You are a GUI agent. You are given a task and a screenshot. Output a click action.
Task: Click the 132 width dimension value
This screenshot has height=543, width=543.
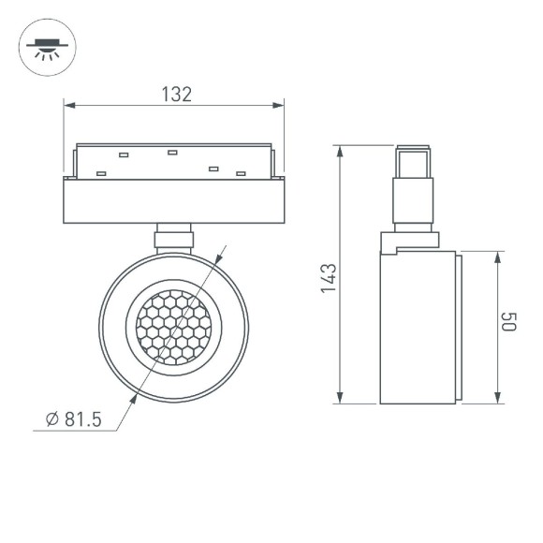(176, 94)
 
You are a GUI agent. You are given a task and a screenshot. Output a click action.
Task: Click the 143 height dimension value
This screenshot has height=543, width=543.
(327, 278)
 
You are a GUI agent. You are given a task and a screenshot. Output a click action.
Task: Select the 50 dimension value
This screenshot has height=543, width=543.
(508, 325)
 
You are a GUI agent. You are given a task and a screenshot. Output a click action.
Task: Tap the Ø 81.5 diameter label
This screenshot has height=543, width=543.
(72, 418)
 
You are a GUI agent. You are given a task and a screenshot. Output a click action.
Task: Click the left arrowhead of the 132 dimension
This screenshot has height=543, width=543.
(67, 105)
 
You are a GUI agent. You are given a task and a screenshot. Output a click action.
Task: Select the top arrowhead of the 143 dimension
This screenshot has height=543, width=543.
(340, 151)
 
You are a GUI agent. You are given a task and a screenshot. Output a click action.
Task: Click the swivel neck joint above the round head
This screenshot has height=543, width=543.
(174, 236)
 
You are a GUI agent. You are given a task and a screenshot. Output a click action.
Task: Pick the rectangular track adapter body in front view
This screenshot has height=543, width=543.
(173, 199)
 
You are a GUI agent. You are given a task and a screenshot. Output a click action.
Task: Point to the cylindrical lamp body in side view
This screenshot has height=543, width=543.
(417, 327)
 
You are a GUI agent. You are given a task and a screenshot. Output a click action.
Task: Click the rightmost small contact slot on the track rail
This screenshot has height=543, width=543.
(241, 173)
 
